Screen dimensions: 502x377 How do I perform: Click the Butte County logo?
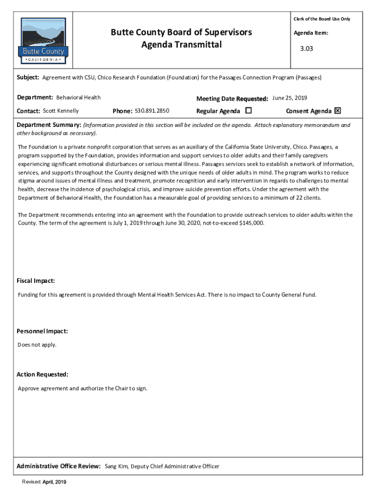click(x=43, y=41)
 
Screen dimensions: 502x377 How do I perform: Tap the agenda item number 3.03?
click(x=306, y=49)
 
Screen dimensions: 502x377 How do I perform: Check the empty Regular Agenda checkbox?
click(x=248, y=111)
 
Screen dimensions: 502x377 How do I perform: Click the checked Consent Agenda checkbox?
click(x=337, y=111)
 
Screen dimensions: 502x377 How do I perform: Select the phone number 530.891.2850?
click(x=152, y=111)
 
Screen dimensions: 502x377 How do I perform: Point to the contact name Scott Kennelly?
click(x=61, y=111)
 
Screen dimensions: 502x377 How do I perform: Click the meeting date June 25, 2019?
click(x=289, y=98)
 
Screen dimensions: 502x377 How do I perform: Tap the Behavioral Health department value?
click(x=78, y=98)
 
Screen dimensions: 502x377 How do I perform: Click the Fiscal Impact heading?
click(x=36, y=281)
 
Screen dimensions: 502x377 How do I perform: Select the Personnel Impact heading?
click(x=42, y=331)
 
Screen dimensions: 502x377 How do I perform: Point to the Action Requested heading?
click(x=43, y=375)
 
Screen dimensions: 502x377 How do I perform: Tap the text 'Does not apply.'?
click(x=37, y=345)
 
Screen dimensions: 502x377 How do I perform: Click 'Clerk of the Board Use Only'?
click(x=322, y=19)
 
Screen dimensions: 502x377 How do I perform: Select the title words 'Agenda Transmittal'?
click(x=181, y=45)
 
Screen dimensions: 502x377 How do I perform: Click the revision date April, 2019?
click(x=54, y=482)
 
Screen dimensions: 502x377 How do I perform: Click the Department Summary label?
click(x=49, y=125)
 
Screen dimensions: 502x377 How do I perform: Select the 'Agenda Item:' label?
click(x=311, y=33)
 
